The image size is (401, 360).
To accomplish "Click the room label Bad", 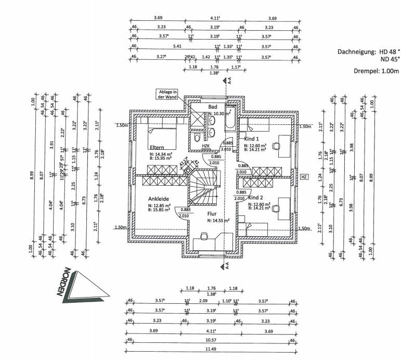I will [x=212, y=106].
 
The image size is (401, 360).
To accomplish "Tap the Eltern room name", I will [x=158, y=147].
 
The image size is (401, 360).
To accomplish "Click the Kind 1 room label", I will [x=252, y=139].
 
